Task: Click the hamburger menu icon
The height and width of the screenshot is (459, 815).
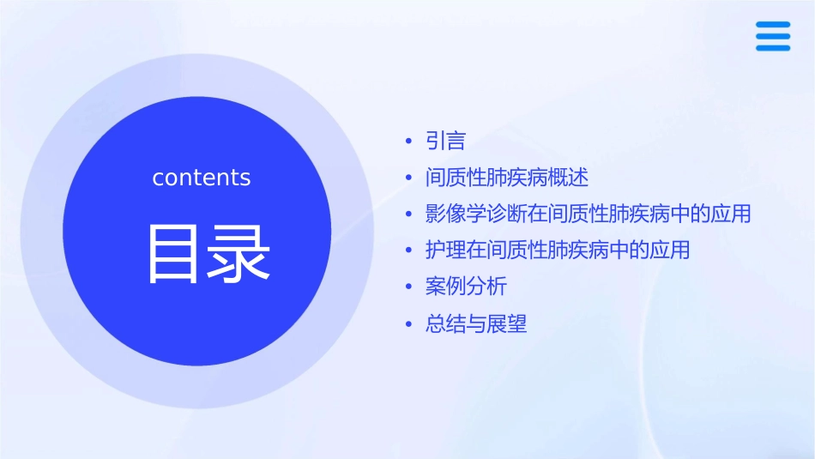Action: pos(773,36)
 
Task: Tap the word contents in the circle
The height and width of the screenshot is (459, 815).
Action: pos(202,178)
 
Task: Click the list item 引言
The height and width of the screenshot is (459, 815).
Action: pos(445,140)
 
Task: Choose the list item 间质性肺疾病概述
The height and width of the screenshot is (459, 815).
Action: pos(507,178)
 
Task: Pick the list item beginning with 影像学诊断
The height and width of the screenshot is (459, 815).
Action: pos(588,214)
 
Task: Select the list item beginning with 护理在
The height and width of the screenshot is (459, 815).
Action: pos(557,251)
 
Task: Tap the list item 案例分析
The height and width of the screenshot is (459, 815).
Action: pos(466,287)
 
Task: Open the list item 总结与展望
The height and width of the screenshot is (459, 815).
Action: pos(476,324)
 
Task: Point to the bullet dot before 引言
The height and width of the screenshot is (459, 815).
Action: pos(409,141)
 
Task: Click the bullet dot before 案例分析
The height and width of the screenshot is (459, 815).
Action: pos(409,287)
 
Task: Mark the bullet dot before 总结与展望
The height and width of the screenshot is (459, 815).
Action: pos(409,325)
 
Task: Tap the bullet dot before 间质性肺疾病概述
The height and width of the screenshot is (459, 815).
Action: pos(409,178)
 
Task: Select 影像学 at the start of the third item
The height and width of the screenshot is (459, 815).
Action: pos(456,214)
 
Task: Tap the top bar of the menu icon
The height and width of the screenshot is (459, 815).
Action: pos(773,25)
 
